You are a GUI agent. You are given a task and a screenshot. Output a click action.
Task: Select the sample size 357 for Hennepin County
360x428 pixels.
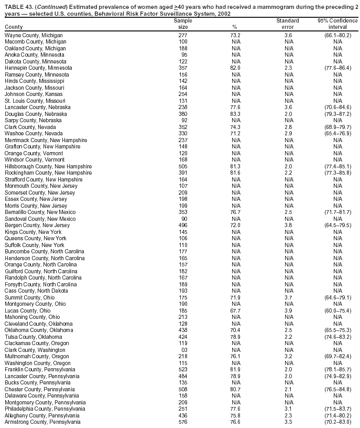(x=183, y=68)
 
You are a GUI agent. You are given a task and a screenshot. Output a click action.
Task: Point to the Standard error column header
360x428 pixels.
(x=288, y=24)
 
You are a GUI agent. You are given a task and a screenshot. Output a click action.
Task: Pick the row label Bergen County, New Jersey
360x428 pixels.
(x=37, y=226)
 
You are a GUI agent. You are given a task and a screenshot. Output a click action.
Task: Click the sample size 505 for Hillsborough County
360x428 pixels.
(x=183, y=166)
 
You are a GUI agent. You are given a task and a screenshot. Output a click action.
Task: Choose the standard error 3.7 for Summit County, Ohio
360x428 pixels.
(x=288, y=298)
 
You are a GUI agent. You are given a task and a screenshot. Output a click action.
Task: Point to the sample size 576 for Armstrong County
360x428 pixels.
(x=183, y=423)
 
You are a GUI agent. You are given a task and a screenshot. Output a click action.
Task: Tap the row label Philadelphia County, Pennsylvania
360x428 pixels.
(x=45, y=410)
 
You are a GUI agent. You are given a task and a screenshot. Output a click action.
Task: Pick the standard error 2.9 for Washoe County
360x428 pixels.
(x=288, y=134)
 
